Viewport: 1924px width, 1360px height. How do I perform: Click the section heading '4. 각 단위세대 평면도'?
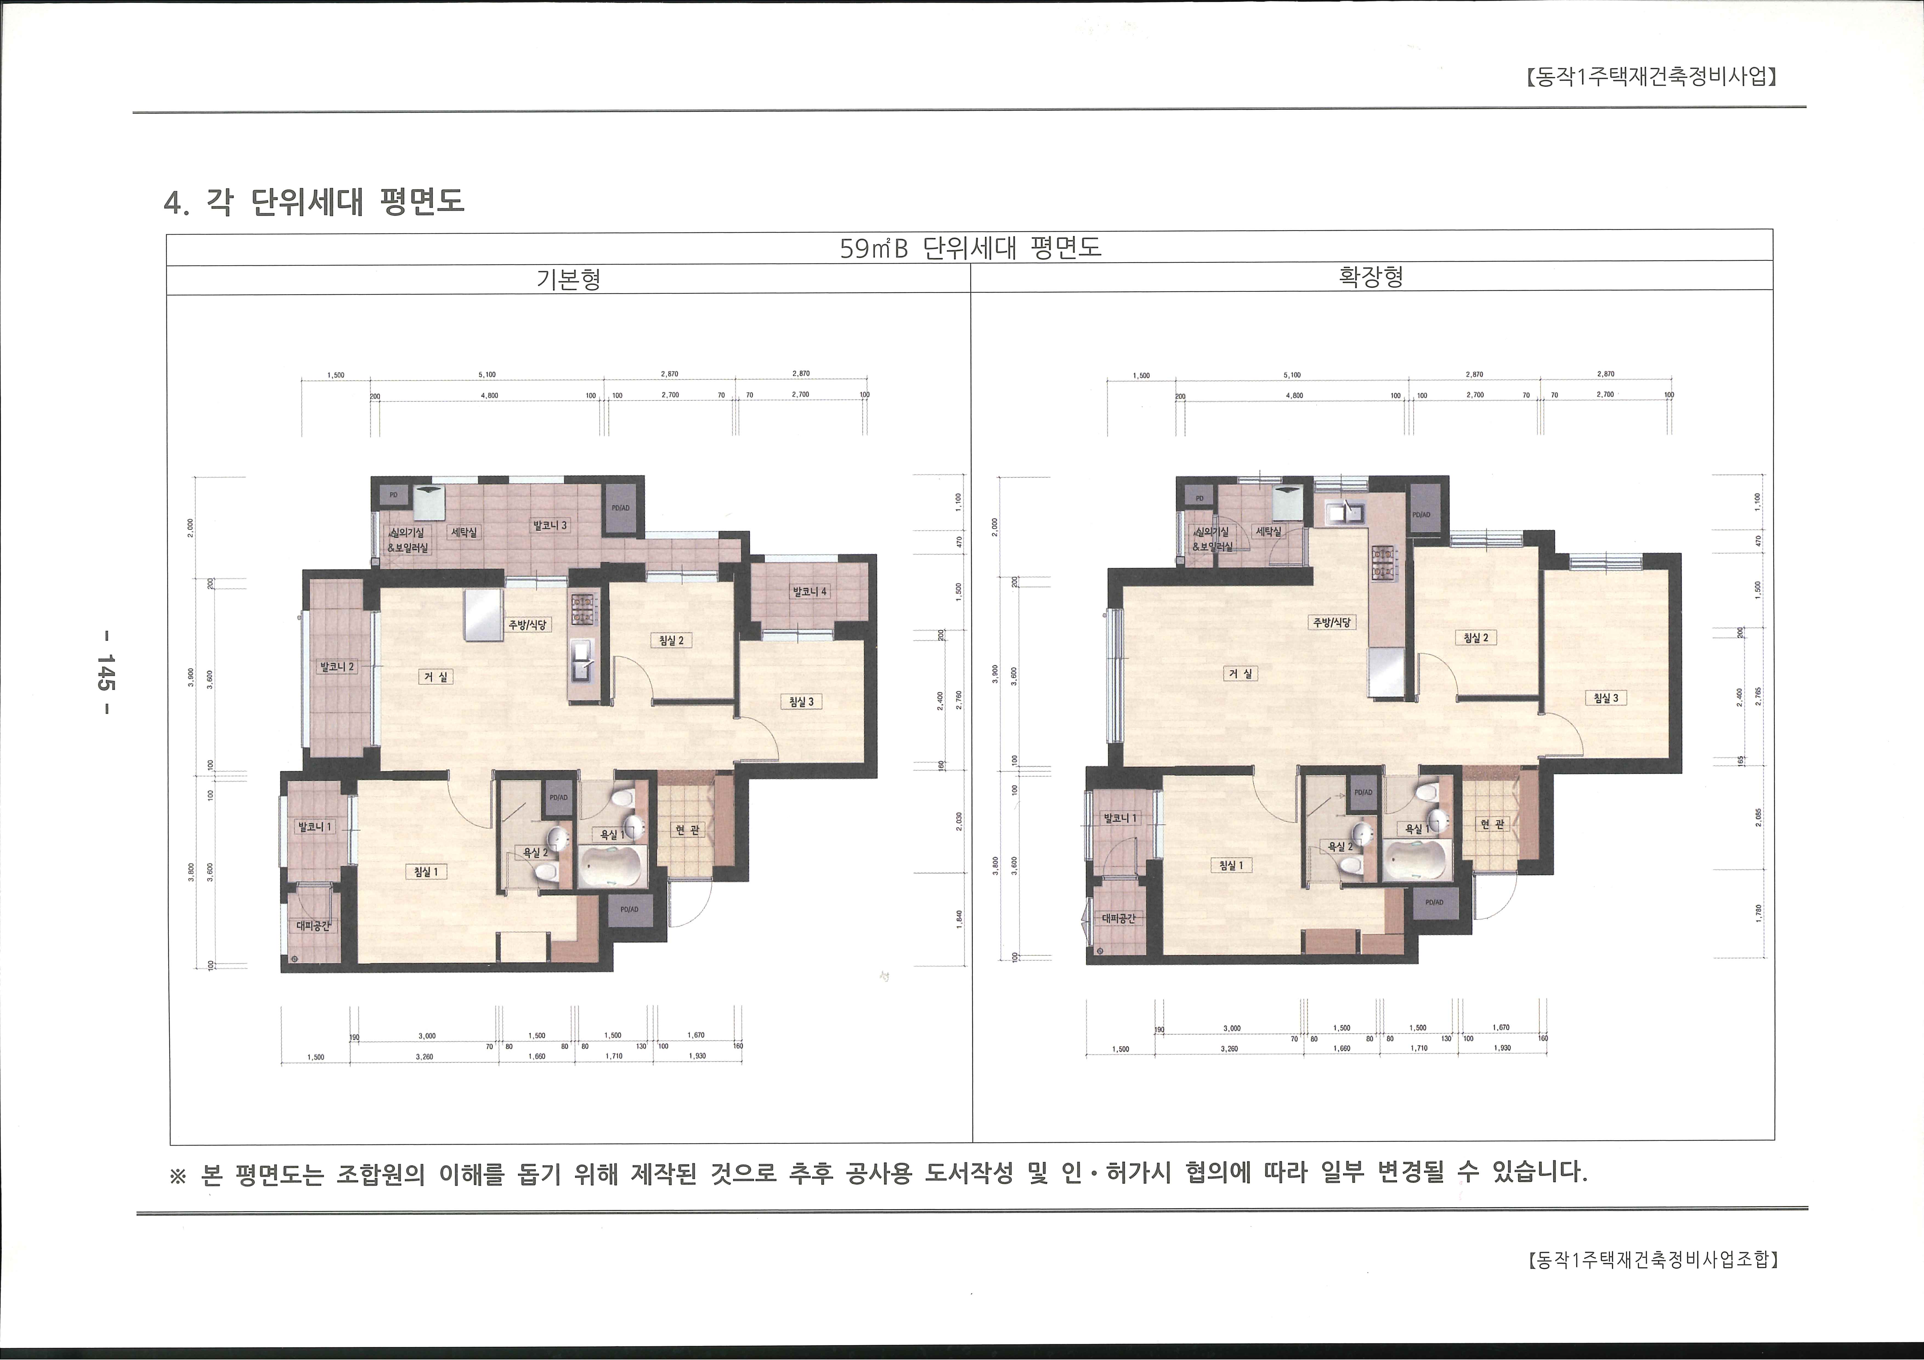coord(314,202)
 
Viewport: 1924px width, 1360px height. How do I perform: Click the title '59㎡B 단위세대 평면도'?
coord(970,248)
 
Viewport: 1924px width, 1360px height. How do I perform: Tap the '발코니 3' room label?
coord(550,526)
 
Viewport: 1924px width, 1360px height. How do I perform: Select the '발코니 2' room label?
coord(336,667)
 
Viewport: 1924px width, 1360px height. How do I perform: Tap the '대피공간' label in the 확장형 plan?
coord(1118,918)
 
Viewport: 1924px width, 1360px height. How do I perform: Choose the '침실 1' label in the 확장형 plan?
coord(1230,866)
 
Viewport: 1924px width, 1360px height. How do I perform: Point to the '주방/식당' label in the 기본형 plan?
coord(528,625)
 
